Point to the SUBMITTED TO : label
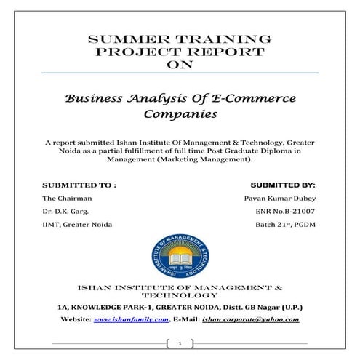[80, 184]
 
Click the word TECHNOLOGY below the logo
[180, 295]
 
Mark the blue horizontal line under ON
[180, 73]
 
